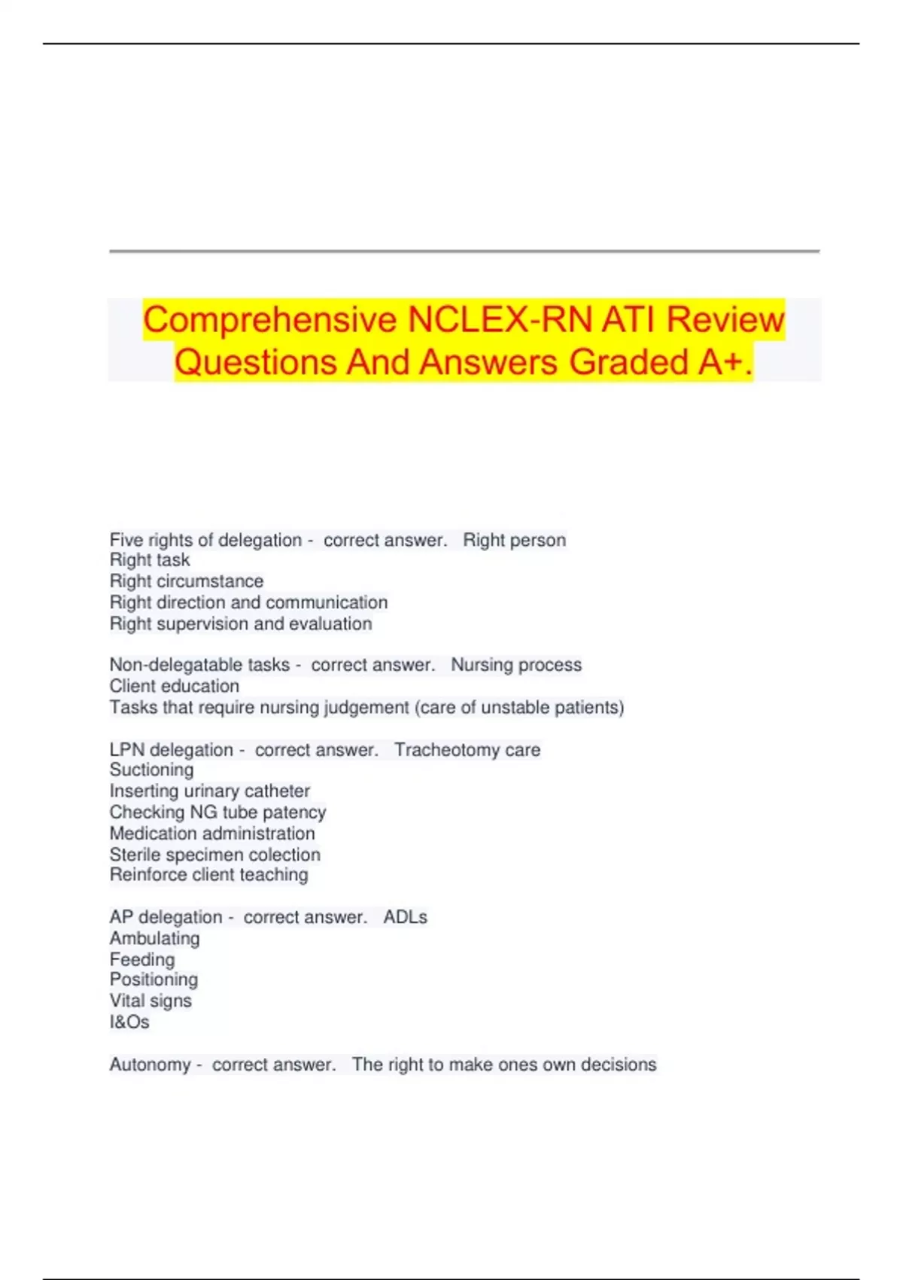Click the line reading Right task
[x=150, y=560]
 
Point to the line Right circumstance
[x=187, y=581]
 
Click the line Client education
[x=175, y=686]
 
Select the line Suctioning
[x=151, y=770]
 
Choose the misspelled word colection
[x=284, y=855]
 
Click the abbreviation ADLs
[x=405, y=917]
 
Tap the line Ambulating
[x=155, y=938]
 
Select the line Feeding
[x=142, y=959]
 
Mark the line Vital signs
[x=150, y=1001]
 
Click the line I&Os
[x=129, y=1022]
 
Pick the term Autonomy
[x=150, y=1065]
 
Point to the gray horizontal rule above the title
[x=464, y=251]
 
